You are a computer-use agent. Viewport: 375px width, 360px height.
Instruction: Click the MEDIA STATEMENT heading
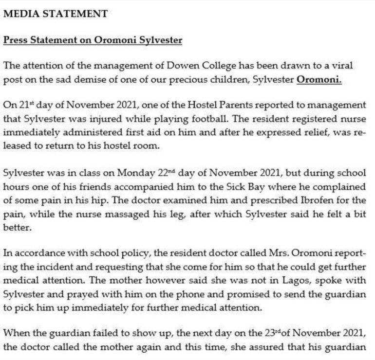point(56,14)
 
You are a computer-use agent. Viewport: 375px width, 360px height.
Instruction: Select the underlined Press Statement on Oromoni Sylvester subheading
point(93,40)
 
